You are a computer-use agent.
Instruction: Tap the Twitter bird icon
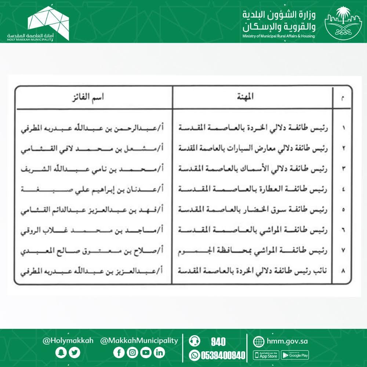[75, 353]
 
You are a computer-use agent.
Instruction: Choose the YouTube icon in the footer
[146, 353]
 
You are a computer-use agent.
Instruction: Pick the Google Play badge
[295, 355]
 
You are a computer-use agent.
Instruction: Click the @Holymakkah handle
[68, 341]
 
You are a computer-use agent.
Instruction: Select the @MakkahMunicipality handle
[139, 341]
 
